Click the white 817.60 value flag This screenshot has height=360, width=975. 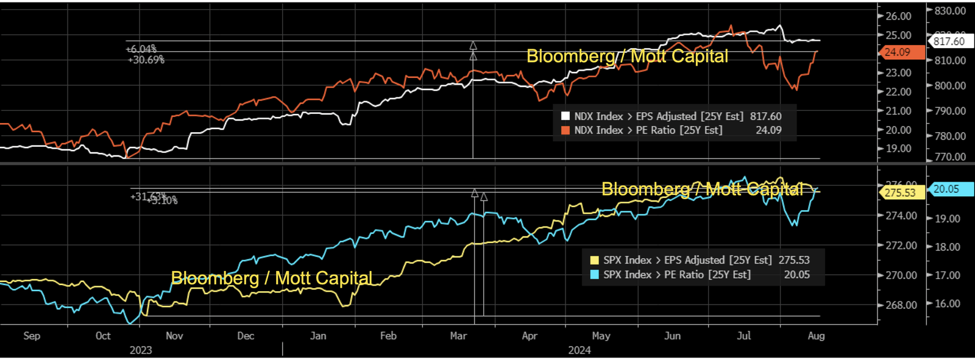(x=949, y=41)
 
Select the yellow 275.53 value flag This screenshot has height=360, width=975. (x=900, y=192)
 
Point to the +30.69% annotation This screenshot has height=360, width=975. (x=146, y=60)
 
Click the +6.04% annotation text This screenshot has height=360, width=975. (x=141, y=49)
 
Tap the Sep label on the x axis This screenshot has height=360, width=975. (x=32, y=336)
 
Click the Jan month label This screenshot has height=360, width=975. (x=318, y=336)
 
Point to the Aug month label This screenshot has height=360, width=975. (x=816, y=336)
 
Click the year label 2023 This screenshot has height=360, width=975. (x=141, y=350)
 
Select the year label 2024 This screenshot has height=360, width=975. (x=580, y=350)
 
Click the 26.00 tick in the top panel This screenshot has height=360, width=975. (x=898, y=16)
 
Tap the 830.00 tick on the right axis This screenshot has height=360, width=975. (x=950, y=11)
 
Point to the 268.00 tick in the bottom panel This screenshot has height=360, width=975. (x=901, y=305)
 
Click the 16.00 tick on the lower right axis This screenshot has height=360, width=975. (x=948, y=304)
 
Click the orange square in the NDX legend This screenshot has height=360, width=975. (x=565, y=130)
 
